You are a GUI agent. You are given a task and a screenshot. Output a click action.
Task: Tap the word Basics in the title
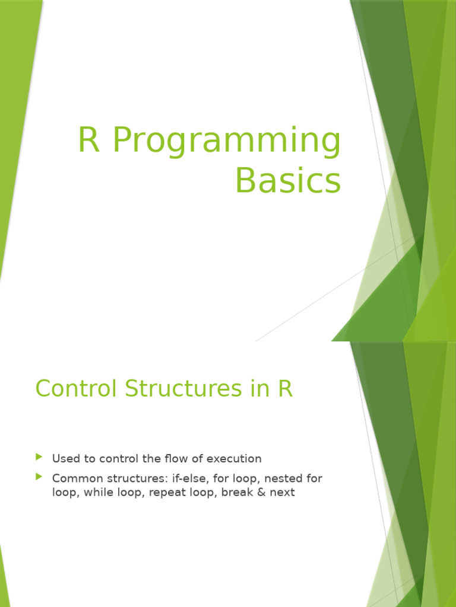(288, 180)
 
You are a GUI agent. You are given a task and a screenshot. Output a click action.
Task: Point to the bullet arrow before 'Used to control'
(39, 457)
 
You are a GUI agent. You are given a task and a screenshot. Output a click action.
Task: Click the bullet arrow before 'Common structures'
(39, 477)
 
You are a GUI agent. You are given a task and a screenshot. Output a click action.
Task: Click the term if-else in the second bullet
(178, 478)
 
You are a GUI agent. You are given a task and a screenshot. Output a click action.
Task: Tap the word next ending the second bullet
(281, 492)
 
